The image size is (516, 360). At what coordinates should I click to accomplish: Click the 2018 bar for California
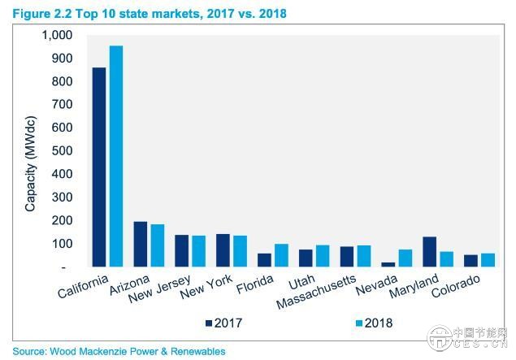116,156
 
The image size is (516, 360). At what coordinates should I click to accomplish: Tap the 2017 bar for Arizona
141,244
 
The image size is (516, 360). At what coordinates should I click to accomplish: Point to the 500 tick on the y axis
63,151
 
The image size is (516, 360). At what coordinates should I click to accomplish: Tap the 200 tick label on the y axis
63,220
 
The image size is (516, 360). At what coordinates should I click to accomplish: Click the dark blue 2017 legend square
207,323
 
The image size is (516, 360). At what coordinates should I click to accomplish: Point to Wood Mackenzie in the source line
85,351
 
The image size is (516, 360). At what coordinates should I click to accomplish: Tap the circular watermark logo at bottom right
442,340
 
